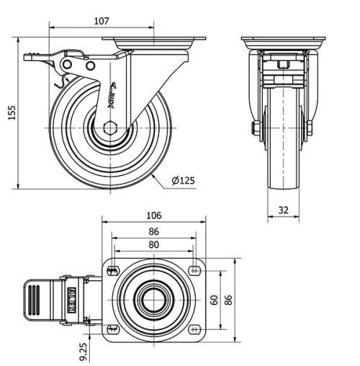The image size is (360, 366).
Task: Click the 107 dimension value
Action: (102, 21)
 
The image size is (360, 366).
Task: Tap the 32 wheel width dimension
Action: (284, 210)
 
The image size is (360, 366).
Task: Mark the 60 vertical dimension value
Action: (214, 299)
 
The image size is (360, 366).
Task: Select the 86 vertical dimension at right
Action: (228, 299)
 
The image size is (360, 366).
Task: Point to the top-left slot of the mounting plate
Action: (112, 271)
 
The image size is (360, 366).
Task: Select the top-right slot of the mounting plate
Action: (194, 271)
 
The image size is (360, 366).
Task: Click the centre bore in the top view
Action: (153, 299)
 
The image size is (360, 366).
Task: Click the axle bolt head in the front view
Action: (255, 129)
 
